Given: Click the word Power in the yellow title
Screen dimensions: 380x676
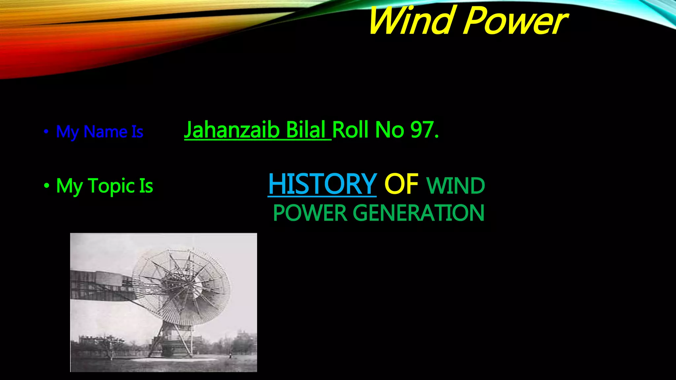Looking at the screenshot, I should [x=516, y=21].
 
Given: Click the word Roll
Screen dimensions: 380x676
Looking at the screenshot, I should [x=350, y=130].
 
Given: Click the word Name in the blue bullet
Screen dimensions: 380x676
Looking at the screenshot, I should [x=106, y=132].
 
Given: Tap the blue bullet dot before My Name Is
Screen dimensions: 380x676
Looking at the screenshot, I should [x=46, y=132].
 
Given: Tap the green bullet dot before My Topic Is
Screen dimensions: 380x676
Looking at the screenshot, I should [x=46, y=186].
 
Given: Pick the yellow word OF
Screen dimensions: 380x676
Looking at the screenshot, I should [x=401, y=184].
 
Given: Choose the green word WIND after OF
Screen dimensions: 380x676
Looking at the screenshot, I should [x=456, y=186].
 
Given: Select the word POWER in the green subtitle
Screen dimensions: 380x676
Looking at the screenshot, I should [x=310, y=213].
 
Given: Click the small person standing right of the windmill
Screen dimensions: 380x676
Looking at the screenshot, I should [x=230, y=355].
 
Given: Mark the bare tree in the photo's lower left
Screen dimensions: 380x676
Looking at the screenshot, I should [x=109, y=346].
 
